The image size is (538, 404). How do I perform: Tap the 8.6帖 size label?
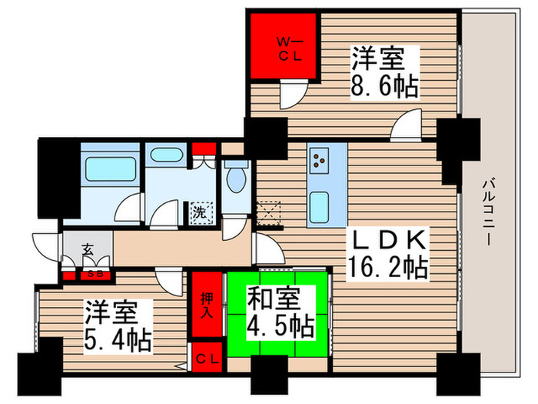[385, 85]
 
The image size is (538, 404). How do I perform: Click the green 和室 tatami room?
[278, 312]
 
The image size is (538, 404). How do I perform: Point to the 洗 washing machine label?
[199, 213]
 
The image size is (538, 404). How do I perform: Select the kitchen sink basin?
[320, 205]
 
